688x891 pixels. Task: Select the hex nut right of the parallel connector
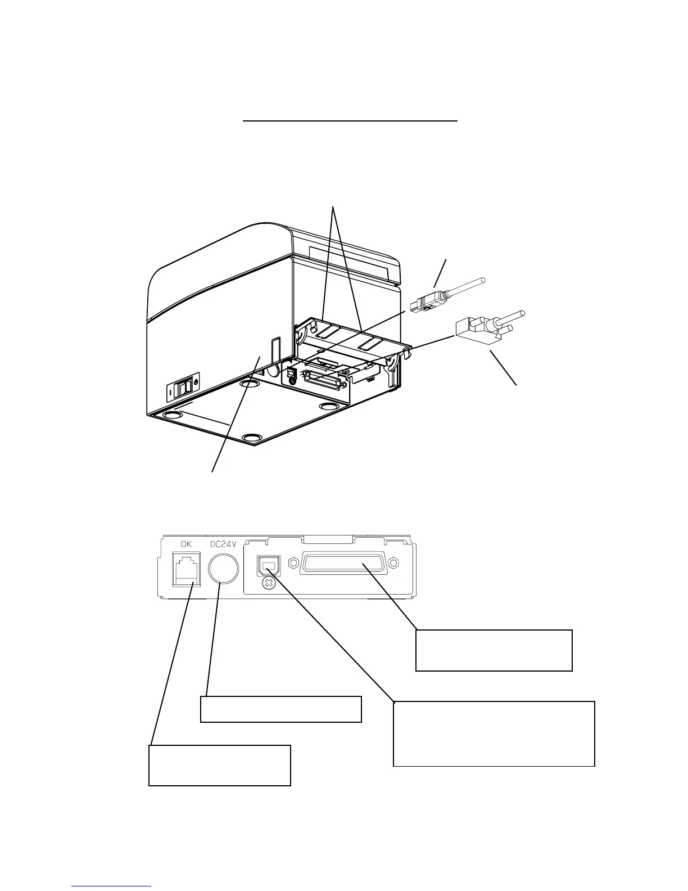tap(393, 562)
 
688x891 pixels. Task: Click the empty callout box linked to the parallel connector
tap(494, 650)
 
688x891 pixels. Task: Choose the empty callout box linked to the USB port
tap(494, 733)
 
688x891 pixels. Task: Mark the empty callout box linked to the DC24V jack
tap(280, 709)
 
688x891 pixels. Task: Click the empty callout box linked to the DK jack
tap(219, 765)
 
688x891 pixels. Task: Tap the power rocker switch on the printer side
tap(183, 389)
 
